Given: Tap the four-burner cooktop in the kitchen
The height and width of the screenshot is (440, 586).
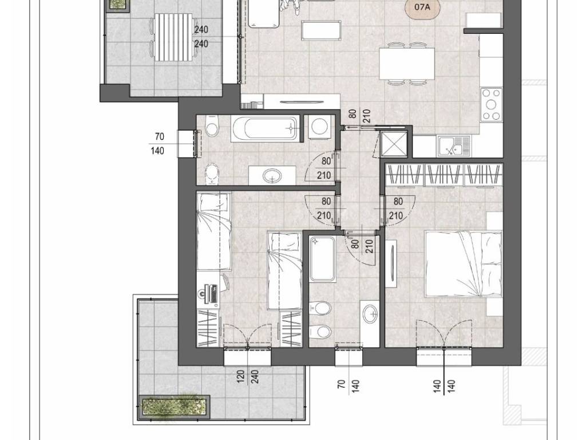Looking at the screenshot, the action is tap(492, 104).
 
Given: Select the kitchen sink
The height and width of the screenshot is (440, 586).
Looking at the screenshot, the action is tap(454, 146).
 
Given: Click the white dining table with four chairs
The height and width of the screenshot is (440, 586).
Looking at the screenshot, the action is tap(407, 63).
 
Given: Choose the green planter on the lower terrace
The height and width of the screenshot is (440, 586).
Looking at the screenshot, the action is tap(174, 407).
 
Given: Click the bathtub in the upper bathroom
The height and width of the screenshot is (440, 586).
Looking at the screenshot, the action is tap(266, 129).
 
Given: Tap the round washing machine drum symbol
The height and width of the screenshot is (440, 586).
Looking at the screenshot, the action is tap(319, 127).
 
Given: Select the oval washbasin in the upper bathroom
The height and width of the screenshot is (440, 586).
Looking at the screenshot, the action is tap(272, 175).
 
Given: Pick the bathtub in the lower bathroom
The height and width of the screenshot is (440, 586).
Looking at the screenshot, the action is tap(322, 258).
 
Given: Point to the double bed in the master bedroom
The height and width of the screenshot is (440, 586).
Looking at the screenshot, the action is tap(464, 264).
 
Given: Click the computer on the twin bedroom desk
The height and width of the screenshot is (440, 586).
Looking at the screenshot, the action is tap(210, 294).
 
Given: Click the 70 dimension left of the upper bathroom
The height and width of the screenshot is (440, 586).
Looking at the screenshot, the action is tap(160, 137).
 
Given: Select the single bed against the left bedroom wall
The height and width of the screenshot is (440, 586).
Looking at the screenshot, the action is tap(214, 231).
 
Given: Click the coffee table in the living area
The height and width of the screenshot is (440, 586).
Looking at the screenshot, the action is tap(321, 30).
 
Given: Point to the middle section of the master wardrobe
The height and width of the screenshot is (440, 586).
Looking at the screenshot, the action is tap(444, 175).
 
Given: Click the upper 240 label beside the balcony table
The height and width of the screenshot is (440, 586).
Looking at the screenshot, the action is tap(201, 29).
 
